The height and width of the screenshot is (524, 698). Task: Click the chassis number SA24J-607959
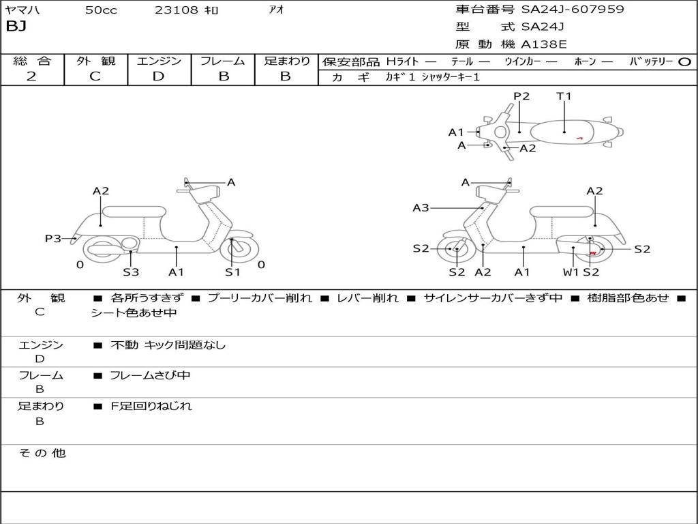(x=573, y=9)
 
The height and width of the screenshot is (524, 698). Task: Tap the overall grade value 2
(x=31, y=76)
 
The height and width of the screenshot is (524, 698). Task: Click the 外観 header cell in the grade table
(x=95, y=61)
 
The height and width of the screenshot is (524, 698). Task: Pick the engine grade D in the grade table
(x=158, y=76)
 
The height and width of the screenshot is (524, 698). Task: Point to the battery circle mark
(x=684, y=62)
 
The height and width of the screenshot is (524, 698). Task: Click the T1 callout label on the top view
(x=564, y=96)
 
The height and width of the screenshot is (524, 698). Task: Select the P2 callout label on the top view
(x=521, y=96)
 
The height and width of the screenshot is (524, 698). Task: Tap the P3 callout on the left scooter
(x=53, y=239)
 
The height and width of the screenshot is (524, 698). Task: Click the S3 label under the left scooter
(x=131, y=272)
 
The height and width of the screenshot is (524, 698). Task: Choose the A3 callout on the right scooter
(x=421, y=207)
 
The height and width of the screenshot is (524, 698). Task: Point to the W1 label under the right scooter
(x=571, y=272)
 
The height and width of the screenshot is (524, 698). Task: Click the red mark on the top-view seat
(x=579, y=139)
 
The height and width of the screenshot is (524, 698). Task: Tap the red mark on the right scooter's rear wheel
(x=593, y=253)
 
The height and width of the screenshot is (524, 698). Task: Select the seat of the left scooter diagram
(x=134, y=212)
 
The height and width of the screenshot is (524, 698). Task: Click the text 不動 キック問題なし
(x=168, y=345)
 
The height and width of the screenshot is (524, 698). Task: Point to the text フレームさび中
(x=150, y=376)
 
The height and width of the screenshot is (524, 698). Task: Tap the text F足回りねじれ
(x=151, y=406)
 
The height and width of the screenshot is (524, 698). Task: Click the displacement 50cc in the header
(x=101, y=10)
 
